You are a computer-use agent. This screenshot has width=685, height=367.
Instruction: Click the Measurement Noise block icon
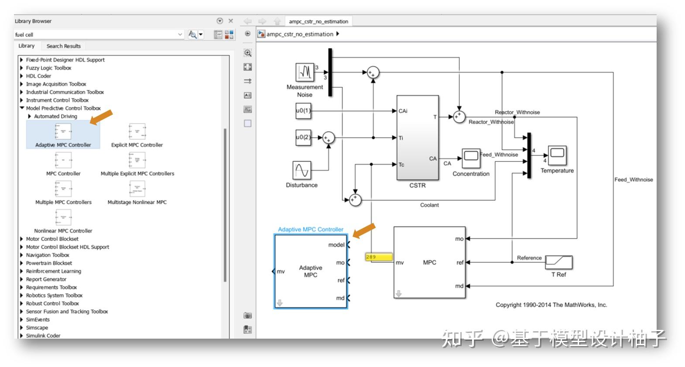[305, 72]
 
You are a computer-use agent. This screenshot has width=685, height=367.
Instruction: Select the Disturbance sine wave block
[301, 170]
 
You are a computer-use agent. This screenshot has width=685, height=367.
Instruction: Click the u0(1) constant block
[303, 111]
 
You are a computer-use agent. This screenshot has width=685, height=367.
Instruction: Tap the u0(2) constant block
[303, 137]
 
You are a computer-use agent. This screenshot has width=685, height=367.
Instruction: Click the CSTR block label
[417, 185]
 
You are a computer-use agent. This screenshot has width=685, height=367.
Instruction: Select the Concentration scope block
[471, 158]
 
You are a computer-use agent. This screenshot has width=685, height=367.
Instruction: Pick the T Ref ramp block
[558, 262]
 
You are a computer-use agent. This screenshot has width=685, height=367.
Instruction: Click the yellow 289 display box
[379, 257]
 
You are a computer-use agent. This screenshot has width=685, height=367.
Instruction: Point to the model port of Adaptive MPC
[337, 245]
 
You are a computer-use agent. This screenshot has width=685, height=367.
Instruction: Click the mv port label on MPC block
[400, 263]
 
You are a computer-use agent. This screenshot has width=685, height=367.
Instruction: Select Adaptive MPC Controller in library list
[63, 135]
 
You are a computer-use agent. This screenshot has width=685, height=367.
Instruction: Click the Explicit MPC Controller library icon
[137, 131]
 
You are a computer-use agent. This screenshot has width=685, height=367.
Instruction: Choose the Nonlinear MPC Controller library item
[63, 217]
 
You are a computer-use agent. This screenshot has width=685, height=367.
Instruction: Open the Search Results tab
[63, 46]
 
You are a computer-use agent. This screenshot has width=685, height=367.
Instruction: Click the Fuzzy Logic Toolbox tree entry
[48, 68]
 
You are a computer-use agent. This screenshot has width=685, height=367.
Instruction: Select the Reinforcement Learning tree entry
[53, 271]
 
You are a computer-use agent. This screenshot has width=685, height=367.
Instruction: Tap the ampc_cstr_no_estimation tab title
[318, 21]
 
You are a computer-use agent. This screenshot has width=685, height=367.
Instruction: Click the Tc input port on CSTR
[401, 165]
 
